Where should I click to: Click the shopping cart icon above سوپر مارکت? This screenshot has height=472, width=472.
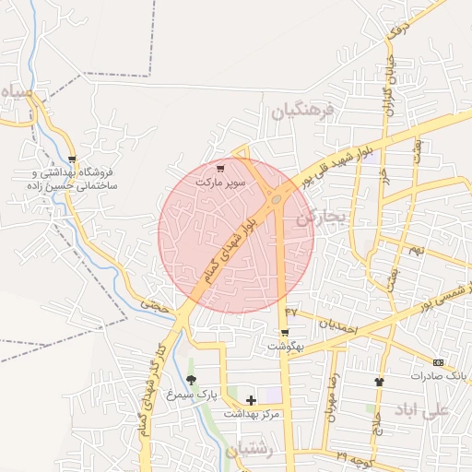pyautogui.click(x=219, y=169)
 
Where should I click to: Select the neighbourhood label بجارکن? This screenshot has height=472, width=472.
pyautogui.click(x=320, y=218)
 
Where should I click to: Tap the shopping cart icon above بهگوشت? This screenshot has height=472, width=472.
pyautogui.click(x=285, y=333)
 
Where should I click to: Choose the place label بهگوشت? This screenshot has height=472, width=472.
pyautogui.click(x=286, y=347)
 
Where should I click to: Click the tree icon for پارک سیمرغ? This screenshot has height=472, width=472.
pyautogui.click(x=191, y=380)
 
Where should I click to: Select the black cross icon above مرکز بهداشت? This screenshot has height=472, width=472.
pyautogui.click(x=251, y=400)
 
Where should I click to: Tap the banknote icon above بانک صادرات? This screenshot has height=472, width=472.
pyautogui.click(x=438, y=363)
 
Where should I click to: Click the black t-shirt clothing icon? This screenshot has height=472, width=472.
pyautogui.click(x=378, y=381)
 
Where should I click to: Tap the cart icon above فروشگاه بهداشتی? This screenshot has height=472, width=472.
pyautogui.click(x=72, y=159)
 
